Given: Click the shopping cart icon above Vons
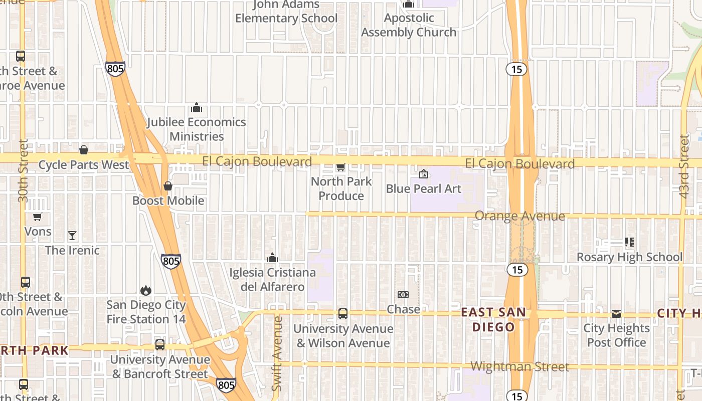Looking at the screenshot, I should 37,217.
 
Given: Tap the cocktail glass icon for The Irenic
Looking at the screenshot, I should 72,235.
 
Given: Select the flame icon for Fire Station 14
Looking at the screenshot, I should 146,290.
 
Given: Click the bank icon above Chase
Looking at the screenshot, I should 403,295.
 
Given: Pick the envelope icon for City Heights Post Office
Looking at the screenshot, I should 616,314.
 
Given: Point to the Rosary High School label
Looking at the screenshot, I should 629,257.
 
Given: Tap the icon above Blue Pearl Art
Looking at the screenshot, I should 424,174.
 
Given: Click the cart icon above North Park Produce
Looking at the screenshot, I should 341,166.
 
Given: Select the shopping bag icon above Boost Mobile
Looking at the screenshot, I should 168,186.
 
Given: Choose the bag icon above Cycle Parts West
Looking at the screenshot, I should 84,150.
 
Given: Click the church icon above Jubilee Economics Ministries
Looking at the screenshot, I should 197,107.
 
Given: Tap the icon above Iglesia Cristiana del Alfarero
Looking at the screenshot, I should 272,258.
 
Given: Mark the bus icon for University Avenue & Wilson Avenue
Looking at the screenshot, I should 343,314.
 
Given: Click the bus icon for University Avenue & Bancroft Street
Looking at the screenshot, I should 160,345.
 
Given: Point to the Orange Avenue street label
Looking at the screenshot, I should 519,216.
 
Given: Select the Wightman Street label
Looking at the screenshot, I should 520,367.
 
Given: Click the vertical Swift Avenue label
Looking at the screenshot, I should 277,353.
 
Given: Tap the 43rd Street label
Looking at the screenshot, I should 684,166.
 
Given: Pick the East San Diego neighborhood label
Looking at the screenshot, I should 494,320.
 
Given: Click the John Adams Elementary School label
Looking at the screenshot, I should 286,12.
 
